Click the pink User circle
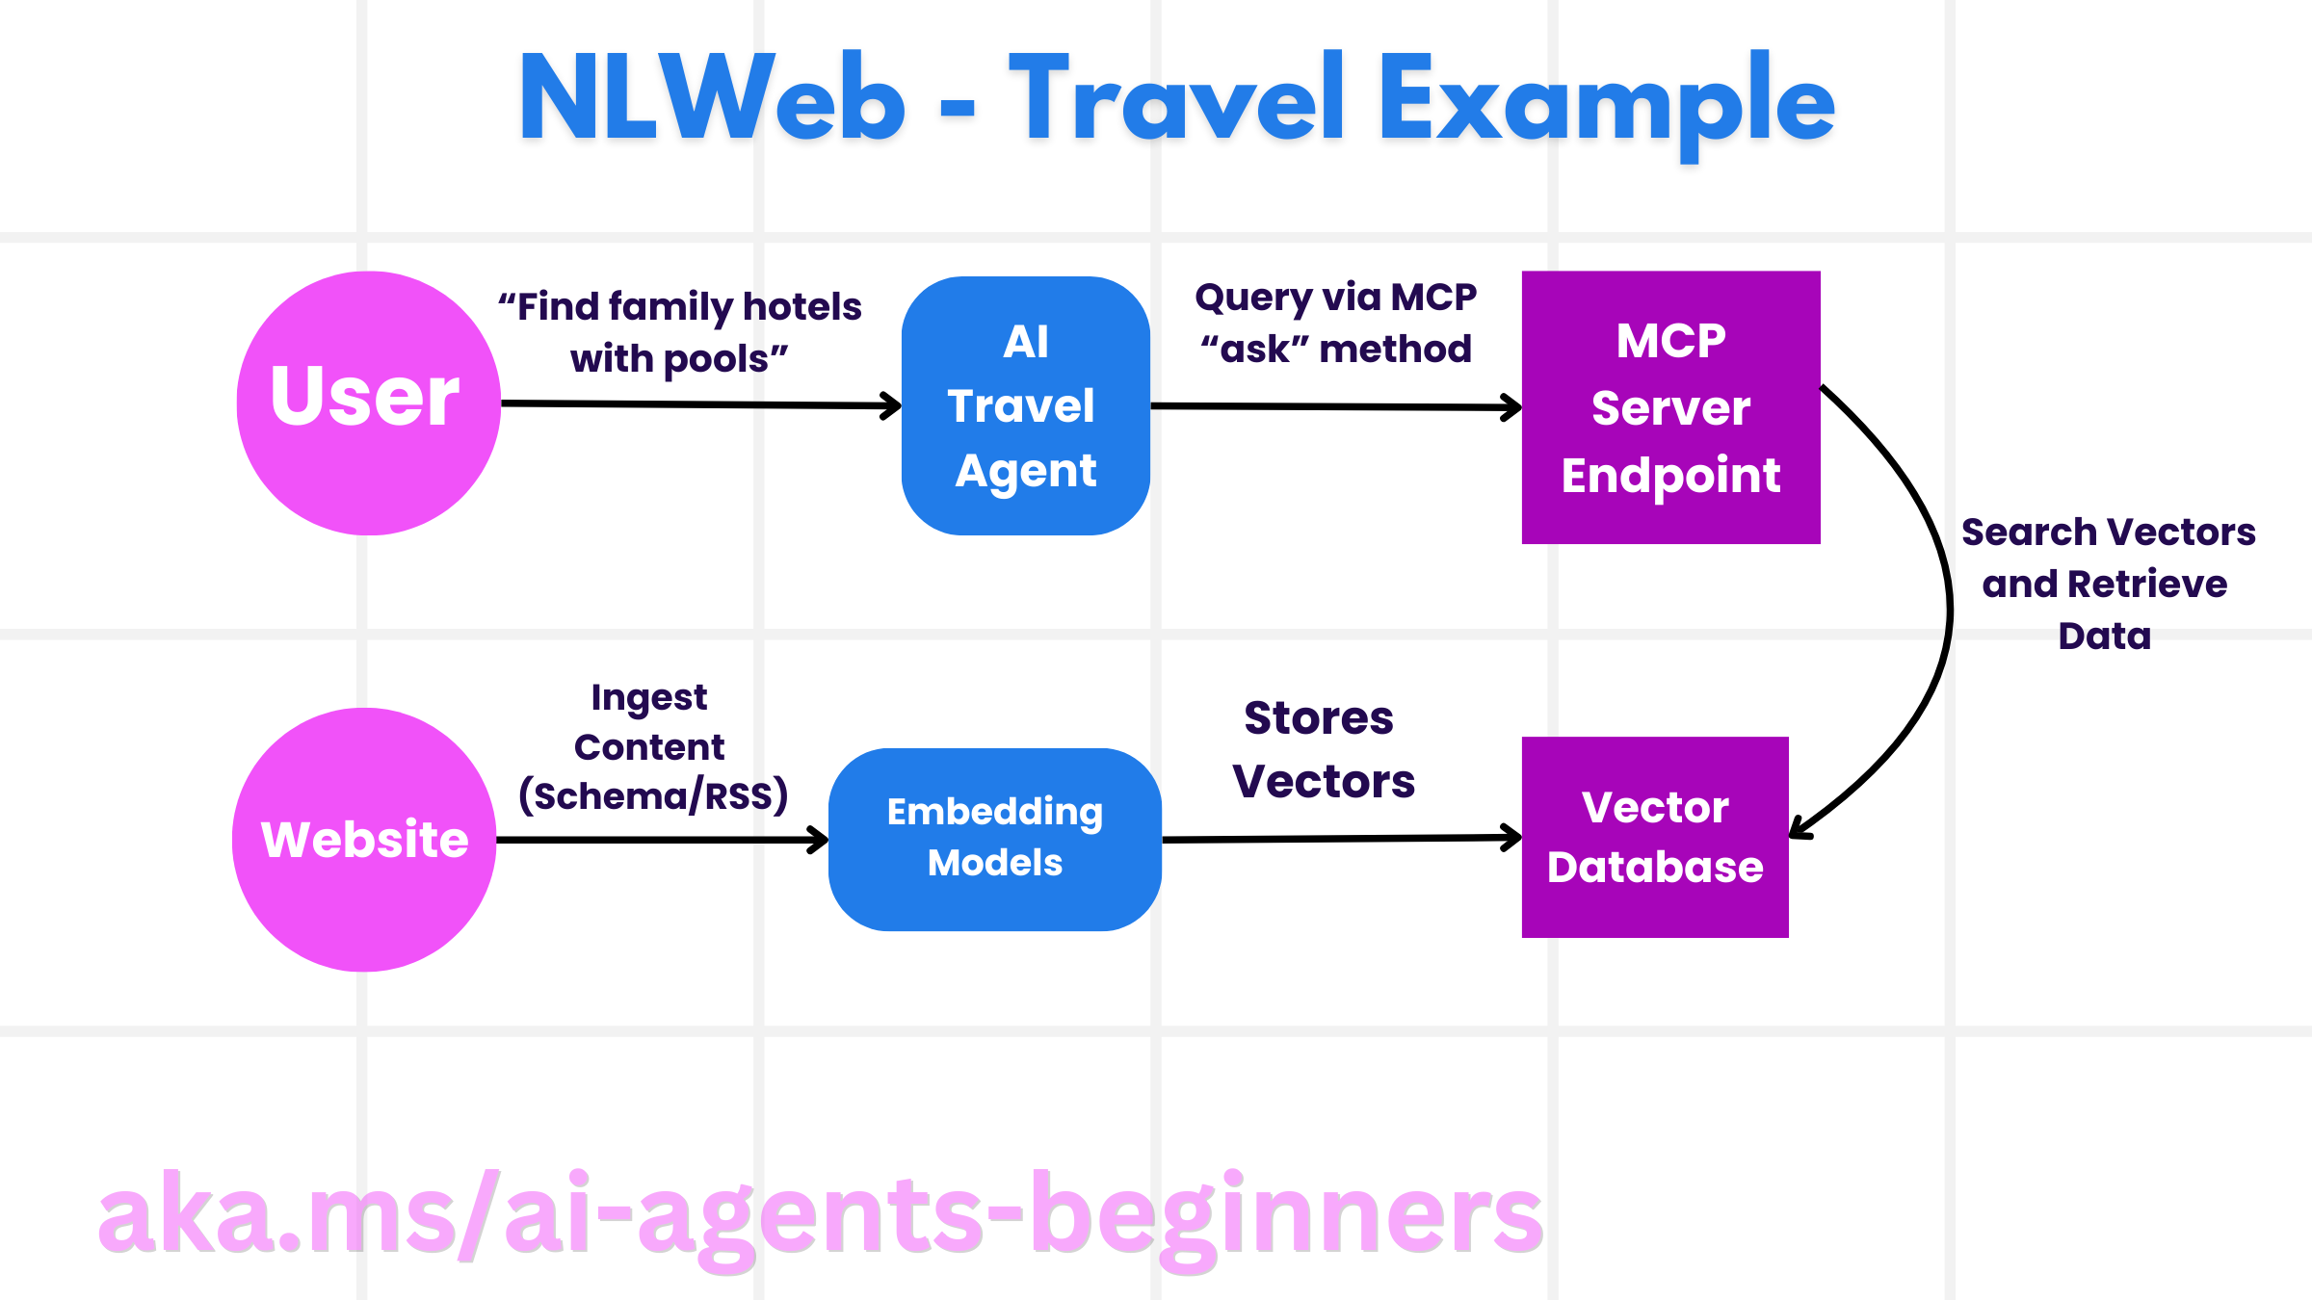point(368,403)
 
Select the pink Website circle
point(364,840)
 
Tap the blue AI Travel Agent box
point(1025,405)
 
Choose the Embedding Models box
point(994,839)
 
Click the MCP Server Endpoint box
point(1670,407)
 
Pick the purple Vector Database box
point(1655,837)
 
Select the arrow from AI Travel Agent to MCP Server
point(1334,406)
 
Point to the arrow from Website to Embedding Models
point(660,840)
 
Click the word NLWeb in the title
point(711,99)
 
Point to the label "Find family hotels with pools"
point(679,332)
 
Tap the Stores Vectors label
point(1322,749)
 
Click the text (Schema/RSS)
point(653,796)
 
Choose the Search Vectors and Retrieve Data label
point(2107,584)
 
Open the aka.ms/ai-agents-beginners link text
point(821,1215)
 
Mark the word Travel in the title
point(1175,99)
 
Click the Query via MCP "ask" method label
point(1335,323)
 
